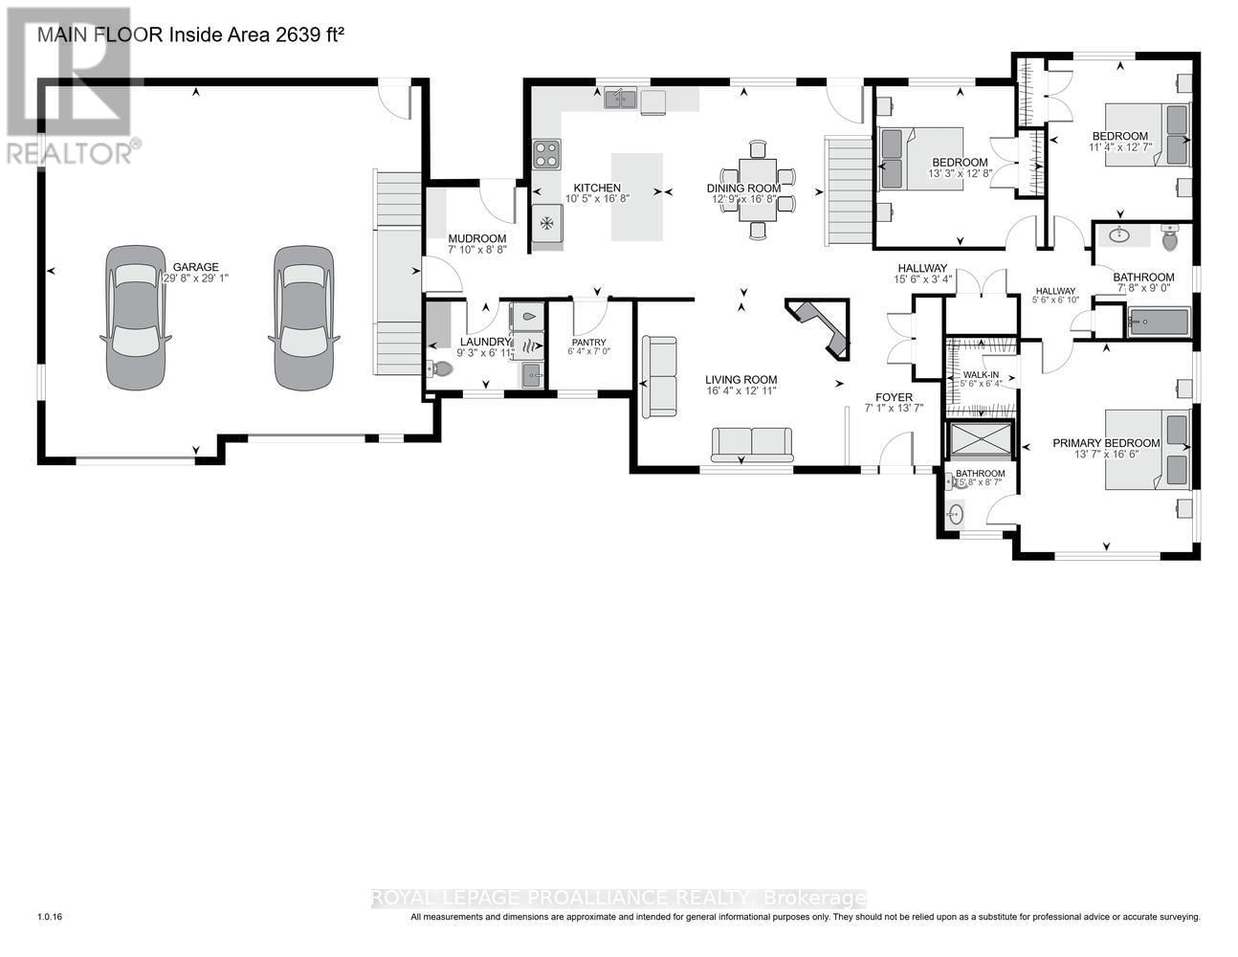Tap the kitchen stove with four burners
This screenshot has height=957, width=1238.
coord(546,154)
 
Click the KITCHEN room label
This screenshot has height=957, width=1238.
coord(597,188)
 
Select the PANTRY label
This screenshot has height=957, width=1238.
coord(589,343)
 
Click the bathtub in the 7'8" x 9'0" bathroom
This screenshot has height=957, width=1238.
coord(1158,321)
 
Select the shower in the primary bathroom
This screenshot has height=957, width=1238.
coord(980,441)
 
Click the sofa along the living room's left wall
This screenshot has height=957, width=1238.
coord(658,376)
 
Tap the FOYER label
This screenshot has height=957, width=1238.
coord(895,396)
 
